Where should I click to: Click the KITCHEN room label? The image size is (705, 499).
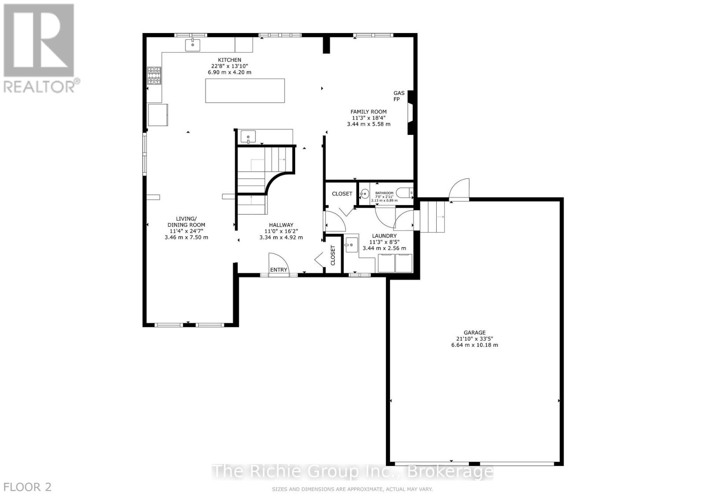click(230, 60)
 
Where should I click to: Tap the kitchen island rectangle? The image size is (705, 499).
click(245, 90)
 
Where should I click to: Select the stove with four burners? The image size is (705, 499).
click(154, 75)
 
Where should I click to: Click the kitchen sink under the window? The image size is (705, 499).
click(193, 45)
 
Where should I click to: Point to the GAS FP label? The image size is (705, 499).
click(399, 96)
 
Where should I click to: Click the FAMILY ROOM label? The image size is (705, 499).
click(368, 112)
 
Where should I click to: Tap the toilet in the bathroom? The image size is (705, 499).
click(405, 193)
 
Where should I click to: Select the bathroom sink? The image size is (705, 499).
click(364, 194)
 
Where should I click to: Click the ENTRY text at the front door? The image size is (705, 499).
click(278, 270)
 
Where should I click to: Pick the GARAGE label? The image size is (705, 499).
click(474, 333)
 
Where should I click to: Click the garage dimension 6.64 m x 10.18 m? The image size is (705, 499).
click(474, 345)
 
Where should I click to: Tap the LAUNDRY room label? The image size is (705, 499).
click(384, 236)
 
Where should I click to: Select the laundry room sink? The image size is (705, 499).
click(351, 245)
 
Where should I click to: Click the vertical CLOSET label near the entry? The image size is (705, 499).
click(333, 255)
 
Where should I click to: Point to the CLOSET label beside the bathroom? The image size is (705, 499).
click(342, 194)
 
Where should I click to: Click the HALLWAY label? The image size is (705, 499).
click(281, 225)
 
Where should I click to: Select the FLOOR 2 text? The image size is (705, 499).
click(27, 487)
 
